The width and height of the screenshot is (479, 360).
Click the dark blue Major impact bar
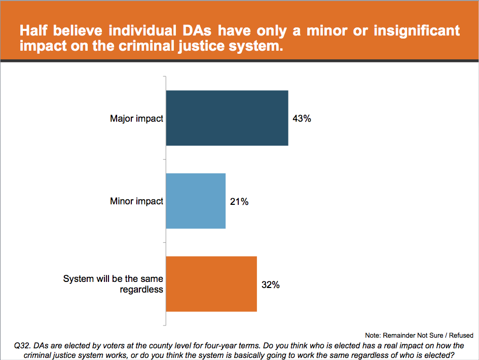[x=227, y=118]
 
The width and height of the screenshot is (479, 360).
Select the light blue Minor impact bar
[x=196, y=201]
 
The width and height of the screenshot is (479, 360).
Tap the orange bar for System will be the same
[x=211, y=284]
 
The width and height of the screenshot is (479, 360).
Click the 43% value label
[x=302, y=119]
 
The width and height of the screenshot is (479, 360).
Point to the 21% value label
[x=239, y=201]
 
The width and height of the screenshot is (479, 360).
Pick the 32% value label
[x=271, y=284]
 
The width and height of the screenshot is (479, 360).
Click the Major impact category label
[x=136, y=119]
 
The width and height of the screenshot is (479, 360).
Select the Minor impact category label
[x=136, y=201]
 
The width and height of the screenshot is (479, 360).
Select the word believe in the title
[x=81, y=30]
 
